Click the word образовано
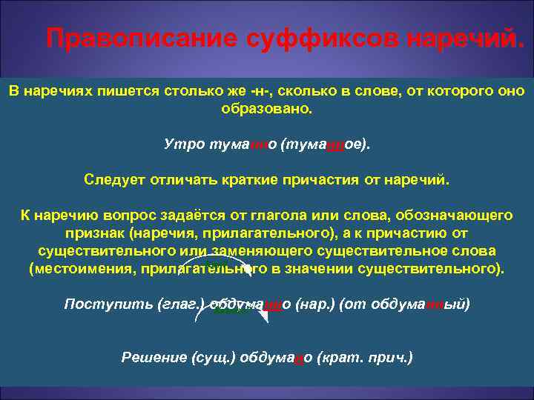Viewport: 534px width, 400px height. tap(267, 108)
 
